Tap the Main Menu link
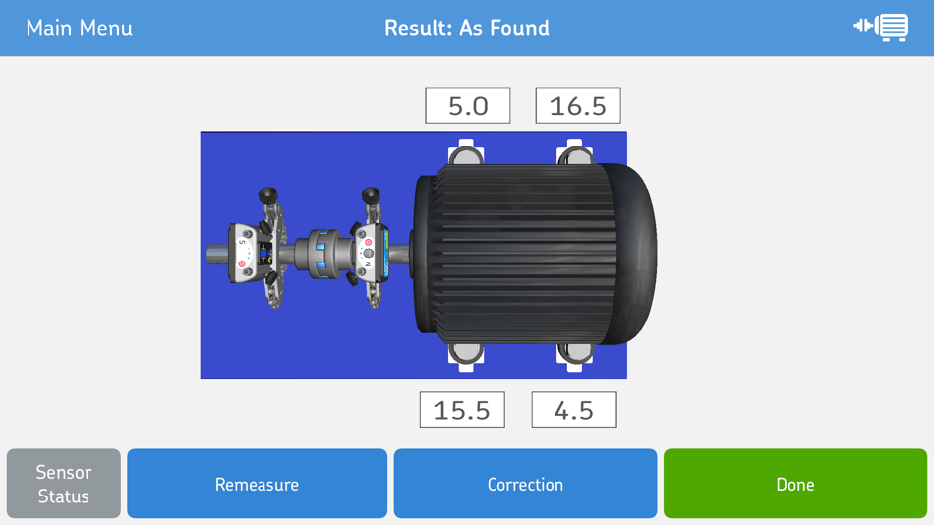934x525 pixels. coord(80,28)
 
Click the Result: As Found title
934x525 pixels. coord(467,28)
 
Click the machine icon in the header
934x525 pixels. coord(881,27)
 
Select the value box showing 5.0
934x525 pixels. coord(468,106)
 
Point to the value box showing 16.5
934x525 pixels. coord(578,106)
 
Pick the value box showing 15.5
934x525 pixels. coord(462,410)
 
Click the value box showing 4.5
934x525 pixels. coord(574,410)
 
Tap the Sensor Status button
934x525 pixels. coord(64,484)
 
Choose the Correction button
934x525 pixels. coord(525,484)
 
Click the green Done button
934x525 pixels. coord(795,484)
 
